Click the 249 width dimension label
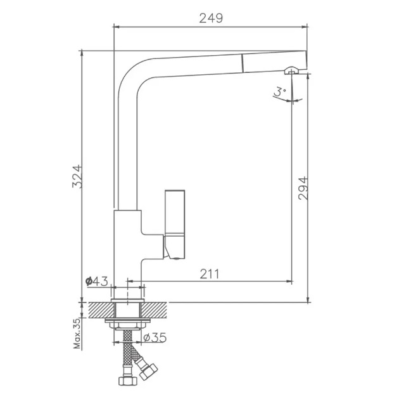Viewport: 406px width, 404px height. [x=211, y=18]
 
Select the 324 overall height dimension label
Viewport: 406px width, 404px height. [x=77, y=176]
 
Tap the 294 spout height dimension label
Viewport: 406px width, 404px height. [x=303, y=188]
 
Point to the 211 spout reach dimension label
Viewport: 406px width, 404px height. [x=210, y=274]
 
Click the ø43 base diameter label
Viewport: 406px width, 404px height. [x=96, y=281]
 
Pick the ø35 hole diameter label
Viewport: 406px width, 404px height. [x=155, y=337]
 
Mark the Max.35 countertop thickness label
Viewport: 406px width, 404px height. [x=77, y=334]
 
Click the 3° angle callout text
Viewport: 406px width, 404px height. [x=280, y=91]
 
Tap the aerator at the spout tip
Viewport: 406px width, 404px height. [x=292, y=70]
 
